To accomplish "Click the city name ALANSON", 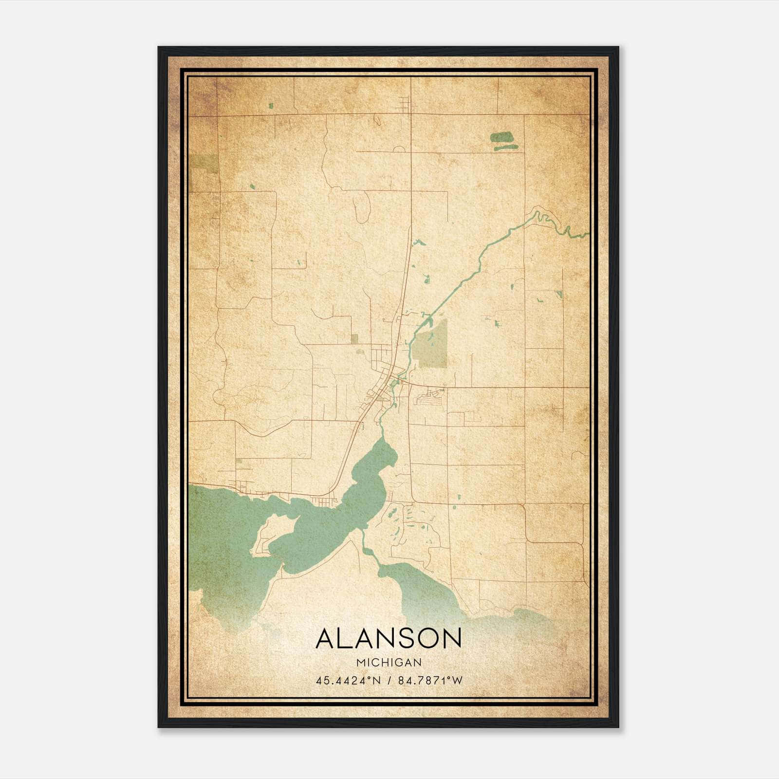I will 389,638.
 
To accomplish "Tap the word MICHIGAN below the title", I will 389,663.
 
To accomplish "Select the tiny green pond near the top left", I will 270,105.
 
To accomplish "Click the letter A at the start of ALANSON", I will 326,638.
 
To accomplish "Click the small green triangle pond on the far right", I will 558,294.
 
